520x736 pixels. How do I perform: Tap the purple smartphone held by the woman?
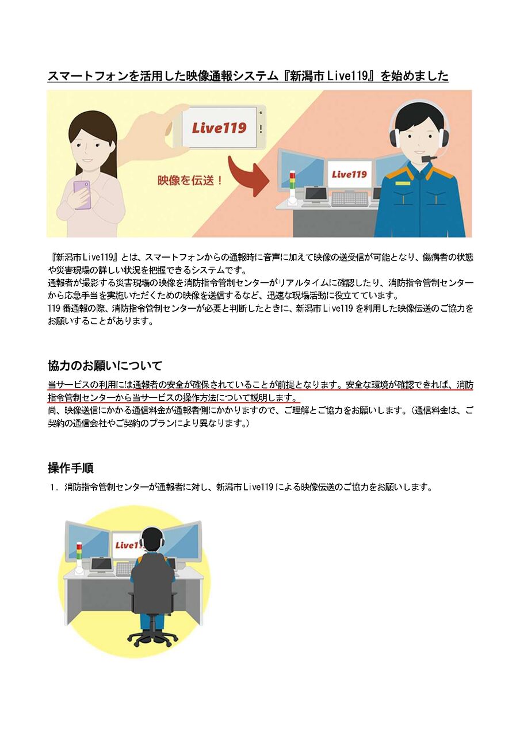[x=82, y=194]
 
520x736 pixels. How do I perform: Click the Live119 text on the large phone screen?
[x=219, y=128]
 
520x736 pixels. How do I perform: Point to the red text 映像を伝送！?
[x=190, y=180]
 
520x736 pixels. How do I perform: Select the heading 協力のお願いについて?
[x=105, y=365]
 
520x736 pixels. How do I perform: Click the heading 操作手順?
[x=71, y=467]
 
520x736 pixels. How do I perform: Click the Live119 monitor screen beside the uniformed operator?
[x=349, y=174]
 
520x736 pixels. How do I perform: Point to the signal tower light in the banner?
[x=292, y=186]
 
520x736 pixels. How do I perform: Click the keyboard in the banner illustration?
[x=349, y=199]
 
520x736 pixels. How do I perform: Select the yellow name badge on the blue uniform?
[x=403, y=183]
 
